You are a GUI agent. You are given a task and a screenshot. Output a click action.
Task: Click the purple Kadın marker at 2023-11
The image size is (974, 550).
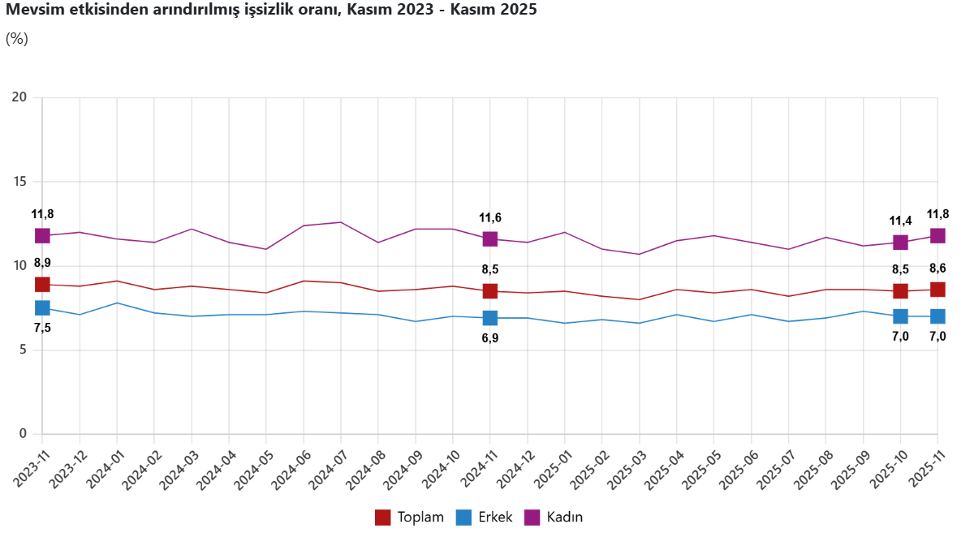(42, 235)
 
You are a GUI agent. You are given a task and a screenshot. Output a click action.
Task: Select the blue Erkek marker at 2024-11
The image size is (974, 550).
(490, 318)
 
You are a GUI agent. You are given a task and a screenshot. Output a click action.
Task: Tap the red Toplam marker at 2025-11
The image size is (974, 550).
(937, 290)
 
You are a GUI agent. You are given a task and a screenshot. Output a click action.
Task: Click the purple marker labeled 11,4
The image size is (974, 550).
(900, 243)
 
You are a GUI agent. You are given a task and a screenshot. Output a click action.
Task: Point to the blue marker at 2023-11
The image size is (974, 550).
(42, 307)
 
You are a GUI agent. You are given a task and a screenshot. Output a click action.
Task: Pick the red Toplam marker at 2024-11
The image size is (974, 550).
(490, 291)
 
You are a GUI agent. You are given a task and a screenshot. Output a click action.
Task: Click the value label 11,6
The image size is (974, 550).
(490, 217)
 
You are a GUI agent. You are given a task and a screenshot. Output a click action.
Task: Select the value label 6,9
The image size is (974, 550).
(490, 338)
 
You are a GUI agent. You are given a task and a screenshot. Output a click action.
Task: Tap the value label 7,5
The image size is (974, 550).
(42, 328)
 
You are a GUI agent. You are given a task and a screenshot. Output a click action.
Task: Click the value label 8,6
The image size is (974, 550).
(937, 269)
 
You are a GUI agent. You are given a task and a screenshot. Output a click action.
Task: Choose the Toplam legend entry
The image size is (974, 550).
(410, 518)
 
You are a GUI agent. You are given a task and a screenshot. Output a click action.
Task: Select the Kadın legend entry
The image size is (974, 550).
(554, 518)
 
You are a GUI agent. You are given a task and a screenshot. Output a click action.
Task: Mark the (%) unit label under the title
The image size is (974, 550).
(17, 38)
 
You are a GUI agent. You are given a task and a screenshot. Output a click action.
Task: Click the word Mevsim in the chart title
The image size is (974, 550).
(30, 11)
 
